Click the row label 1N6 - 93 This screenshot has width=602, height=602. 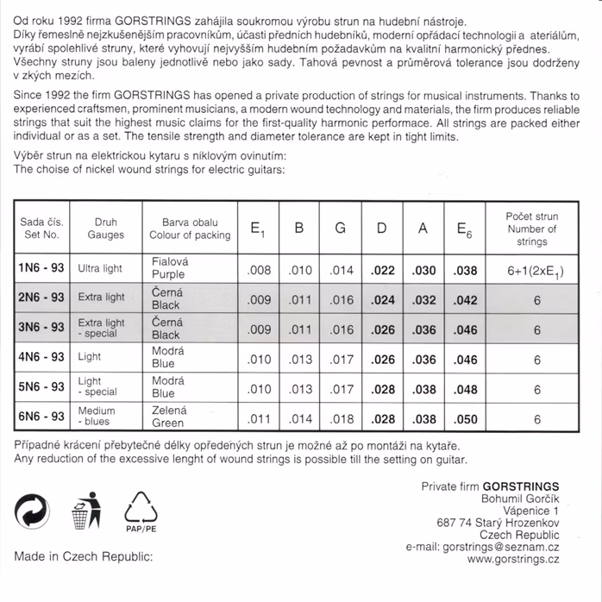click(41, 269)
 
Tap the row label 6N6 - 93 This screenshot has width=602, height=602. click(41, 417)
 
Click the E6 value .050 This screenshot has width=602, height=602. click(465, 420)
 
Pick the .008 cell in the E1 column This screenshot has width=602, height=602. click(259, 271)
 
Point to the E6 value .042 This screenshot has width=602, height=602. click(465, 300)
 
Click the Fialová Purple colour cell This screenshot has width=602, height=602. click(168, 268)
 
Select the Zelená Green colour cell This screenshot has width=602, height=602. click(167, 417)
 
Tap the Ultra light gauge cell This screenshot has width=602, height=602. click(100, 269)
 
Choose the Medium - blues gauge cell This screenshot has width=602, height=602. click(97, 417)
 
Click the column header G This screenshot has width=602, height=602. click(341, 229)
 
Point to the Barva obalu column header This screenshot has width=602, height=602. click(190, 228)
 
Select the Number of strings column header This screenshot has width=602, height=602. click(532, 229)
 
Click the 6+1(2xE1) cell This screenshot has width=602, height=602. click(537, 271)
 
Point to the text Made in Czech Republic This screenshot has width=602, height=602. click(83, 556)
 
